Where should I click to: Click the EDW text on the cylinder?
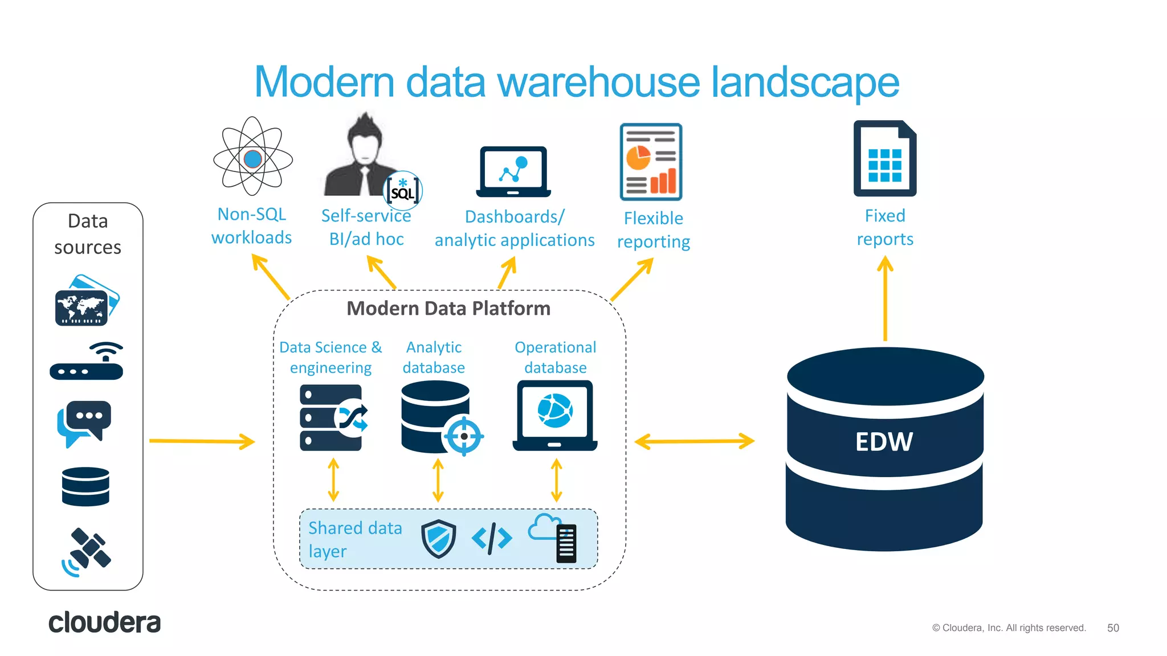tap(884, 442)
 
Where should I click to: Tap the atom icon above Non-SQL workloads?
tap(252, 158)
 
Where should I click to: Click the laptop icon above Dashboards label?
tap(513, 171)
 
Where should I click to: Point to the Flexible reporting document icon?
tap(651, 162)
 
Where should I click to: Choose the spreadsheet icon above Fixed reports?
tap(884, 159)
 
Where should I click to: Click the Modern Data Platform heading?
tap(448, 309)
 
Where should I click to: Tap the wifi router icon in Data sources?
tap(87, 362)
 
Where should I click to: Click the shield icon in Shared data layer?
tap(438, 538)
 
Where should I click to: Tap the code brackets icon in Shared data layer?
tap(492, 538)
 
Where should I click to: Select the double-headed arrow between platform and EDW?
tap(694, 441)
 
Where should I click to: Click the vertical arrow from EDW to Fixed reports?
tap(885, 299)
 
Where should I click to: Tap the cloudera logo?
tap(104, 623)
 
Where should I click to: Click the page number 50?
tap(1113, 628)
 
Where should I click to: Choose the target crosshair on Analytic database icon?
tap(464, 436)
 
